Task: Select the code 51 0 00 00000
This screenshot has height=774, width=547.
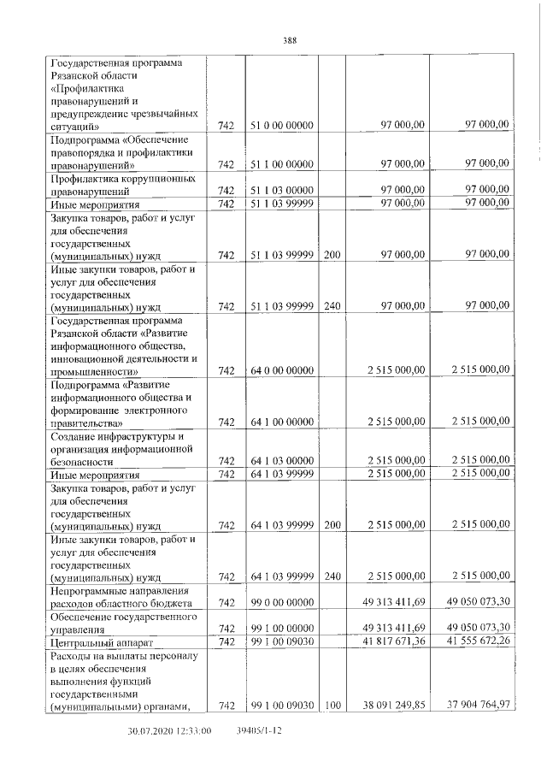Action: (282, 126)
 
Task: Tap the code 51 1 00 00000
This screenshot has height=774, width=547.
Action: (282, 164)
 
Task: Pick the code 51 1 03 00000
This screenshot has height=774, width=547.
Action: (282, 191)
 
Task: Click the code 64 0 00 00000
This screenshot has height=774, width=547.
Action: (282, 370)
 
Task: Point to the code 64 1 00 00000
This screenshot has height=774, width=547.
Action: (282, 422)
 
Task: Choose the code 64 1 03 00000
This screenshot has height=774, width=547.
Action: (282, 461)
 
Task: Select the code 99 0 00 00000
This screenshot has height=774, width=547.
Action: (282, 603)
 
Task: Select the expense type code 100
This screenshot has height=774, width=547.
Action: (333, 706)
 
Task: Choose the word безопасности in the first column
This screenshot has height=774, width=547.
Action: (87, 462)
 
